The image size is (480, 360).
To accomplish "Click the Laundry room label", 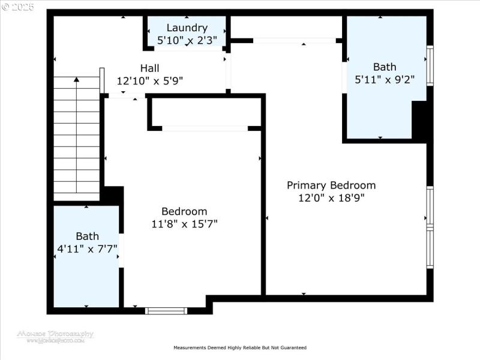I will point(187,28).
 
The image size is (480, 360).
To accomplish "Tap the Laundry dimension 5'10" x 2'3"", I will point(187,41).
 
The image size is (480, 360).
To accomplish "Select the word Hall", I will point(149,68).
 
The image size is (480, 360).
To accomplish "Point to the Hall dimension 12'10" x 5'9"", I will point(149,80).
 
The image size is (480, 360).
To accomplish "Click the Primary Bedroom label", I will point(331,185).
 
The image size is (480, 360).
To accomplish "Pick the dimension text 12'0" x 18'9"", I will point(331,198).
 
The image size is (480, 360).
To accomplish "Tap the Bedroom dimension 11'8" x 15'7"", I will point(184,224).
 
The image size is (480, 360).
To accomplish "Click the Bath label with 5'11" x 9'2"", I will point(385,67).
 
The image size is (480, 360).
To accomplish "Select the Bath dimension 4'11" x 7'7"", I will point(87,248).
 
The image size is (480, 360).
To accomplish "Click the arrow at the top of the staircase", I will point(76,79).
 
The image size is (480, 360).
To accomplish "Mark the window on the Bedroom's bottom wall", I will point(166,310).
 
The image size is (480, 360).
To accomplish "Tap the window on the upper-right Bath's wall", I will point(430,66).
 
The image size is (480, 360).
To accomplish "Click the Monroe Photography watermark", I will point(55,336).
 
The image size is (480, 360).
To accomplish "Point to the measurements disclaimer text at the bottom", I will point(240,347).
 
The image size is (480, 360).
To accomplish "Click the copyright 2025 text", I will point(18,7).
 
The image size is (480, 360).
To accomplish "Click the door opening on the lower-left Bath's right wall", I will point(121,250).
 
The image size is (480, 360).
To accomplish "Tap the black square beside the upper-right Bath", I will point(422,121).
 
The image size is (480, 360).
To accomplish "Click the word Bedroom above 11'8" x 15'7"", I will point(184,211).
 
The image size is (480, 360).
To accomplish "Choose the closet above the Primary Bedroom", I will point(286,28).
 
